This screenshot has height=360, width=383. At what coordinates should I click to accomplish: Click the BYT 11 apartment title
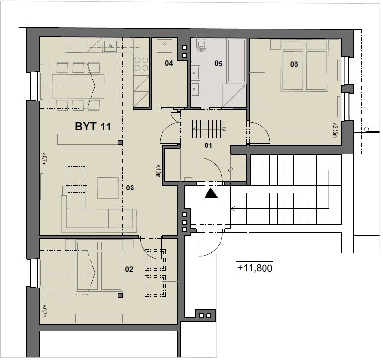[x=93, y=127]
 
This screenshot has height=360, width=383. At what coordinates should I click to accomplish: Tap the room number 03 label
[x=130, y=187]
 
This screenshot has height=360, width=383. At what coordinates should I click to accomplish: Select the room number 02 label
[x=129, y=269]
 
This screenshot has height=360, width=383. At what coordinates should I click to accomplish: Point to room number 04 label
[x=169, y=63]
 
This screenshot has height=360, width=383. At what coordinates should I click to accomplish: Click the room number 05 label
[x=219, y=63]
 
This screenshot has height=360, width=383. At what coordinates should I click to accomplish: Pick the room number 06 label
[x=294, y=64]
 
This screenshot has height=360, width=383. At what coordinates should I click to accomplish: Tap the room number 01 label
[x=208, y=145]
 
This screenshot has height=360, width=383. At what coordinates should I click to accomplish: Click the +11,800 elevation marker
[x=255, y=268]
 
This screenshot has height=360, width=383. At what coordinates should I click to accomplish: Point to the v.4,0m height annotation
[x=158, y=171]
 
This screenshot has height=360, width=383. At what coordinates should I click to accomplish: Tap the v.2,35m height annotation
[x=335, y=130]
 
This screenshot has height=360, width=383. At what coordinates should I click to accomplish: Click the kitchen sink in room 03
[x=111, y=46]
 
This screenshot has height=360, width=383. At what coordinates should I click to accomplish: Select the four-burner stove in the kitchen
[x=141, y=64]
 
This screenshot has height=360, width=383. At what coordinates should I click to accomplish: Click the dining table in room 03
[x=78, y=86]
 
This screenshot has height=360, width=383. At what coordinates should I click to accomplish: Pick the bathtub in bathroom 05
[x=236, y=60]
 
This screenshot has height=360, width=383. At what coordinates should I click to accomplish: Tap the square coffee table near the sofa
[x=108, y=188]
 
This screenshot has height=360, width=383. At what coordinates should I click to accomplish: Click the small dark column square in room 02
[x=120, y=295]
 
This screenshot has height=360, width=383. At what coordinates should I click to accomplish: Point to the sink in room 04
[x=164, y=45]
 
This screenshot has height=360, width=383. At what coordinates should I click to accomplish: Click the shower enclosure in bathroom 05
[x=234, y=96]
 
